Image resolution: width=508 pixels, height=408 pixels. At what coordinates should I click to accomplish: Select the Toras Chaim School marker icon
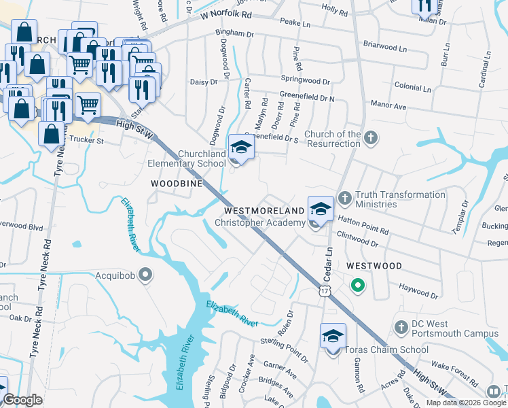click(x=333, y=336)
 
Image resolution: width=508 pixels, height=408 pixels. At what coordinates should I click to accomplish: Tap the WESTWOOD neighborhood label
click(x=374, y=266)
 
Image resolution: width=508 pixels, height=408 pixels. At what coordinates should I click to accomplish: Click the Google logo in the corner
click(x=23, y=400)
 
